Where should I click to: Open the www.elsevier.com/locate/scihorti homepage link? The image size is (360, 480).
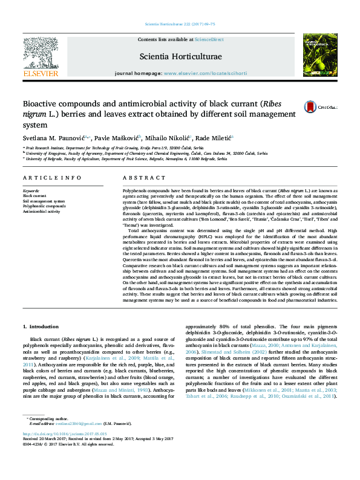coord(205,73)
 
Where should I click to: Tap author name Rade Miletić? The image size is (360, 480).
coord(217,139)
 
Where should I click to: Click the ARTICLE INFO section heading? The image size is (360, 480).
coord(52,178)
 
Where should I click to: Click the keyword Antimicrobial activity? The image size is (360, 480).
coord(42,212)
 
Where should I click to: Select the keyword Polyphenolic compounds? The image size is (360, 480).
coord(44,206)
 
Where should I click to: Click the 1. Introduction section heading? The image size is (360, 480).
coord(42,326)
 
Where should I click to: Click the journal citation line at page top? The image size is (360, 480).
coord(179,24)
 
